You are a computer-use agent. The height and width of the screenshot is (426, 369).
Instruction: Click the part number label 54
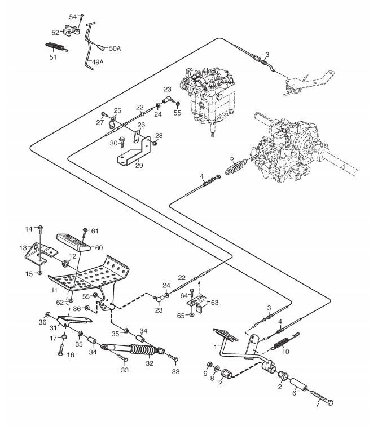(73, 17)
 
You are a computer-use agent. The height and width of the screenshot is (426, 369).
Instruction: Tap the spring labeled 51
(56, 47)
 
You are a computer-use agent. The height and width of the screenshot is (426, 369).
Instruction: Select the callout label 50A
(115, 48)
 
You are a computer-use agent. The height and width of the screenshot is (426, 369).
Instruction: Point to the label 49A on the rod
(98, 62)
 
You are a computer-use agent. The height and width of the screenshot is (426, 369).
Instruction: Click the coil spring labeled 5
(236, 167)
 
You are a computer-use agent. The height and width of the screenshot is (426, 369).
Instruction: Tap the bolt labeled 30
(122, 146)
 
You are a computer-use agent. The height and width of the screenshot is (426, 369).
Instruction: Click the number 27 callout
(100, 122)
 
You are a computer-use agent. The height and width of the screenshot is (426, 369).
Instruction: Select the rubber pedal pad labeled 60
(73, 243)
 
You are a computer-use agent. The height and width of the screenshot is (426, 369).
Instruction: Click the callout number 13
(23, 248)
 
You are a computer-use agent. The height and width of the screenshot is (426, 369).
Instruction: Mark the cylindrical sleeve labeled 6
(298, 385)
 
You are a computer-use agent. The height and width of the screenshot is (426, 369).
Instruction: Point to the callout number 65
(181, 316)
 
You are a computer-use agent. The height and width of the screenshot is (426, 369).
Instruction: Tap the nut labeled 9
(209, 365)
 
